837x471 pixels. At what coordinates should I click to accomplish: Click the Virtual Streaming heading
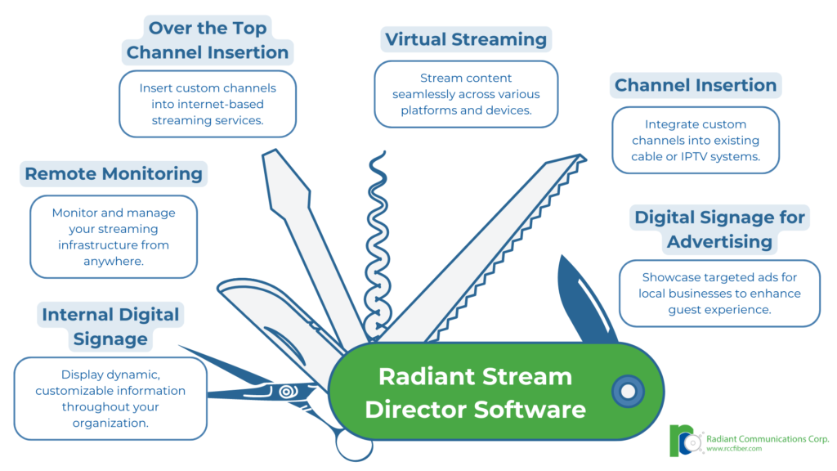tap(466, 39)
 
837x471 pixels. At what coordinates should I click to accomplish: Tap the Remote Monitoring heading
tap(114, 173)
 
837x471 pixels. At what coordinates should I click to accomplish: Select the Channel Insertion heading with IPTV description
tap(696, 85)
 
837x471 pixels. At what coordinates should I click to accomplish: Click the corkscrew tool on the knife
tap(378, 245)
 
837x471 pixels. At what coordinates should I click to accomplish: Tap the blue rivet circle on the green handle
tap(628, 392)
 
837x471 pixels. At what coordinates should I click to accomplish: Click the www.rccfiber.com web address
tap(734, 449)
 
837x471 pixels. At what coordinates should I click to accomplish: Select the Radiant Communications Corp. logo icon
tap(686, 441)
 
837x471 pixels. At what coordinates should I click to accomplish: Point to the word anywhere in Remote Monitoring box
tap(113, 262)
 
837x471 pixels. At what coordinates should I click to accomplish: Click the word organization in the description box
tap(110, 424)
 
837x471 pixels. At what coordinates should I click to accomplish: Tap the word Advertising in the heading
tap(719, 242)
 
